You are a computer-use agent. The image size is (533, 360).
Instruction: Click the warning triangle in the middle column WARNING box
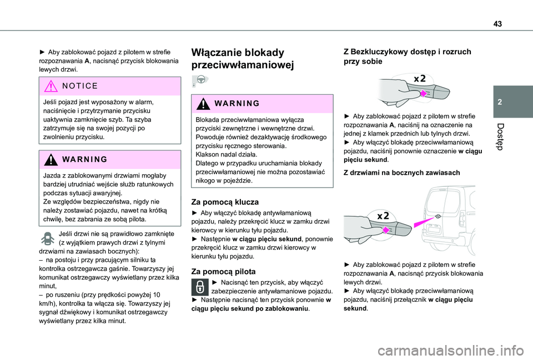(200, 104)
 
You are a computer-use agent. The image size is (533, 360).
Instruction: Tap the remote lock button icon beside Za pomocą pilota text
(199, 287)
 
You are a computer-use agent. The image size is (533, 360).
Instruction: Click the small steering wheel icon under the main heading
(199, 81)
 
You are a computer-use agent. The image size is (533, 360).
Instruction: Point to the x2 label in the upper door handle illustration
(420, 78)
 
